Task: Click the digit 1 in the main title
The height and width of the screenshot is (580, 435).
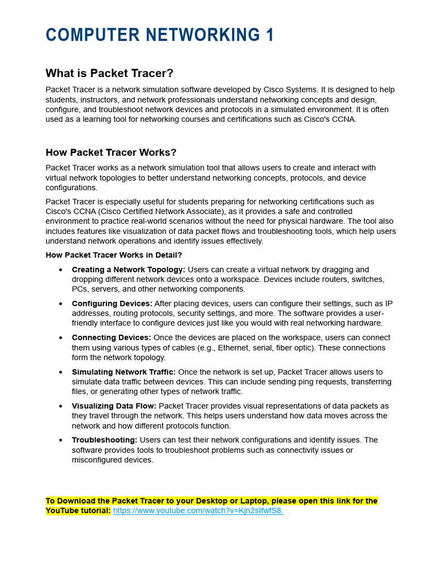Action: click(x=270, y=35)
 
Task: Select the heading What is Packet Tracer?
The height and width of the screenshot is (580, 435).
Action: click(x=109, y=74)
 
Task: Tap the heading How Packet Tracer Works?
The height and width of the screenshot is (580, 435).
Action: click(x=111, y=153)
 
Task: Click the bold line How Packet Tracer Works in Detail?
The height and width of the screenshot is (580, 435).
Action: click(x=114, y=255)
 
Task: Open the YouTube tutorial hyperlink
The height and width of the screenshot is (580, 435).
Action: click(x=198, y=511)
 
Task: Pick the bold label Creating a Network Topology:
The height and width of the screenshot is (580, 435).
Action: click(x=129, y=270)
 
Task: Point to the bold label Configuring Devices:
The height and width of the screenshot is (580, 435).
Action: click(x=112, y=304)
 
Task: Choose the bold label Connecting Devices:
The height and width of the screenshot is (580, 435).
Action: click(x=112, y=338)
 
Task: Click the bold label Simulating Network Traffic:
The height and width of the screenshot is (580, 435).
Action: click(x=123, y=372)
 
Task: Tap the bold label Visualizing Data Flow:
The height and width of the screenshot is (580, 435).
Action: click(x=114, y=406)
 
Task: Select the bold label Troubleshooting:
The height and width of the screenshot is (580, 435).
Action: click(x=104, y=440)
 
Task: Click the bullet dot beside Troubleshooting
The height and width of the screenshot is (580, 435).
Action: click(x=61, y=441)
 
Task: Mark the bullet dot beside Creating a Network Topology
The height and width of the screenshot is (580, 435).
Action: click(x=61, y=270)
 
